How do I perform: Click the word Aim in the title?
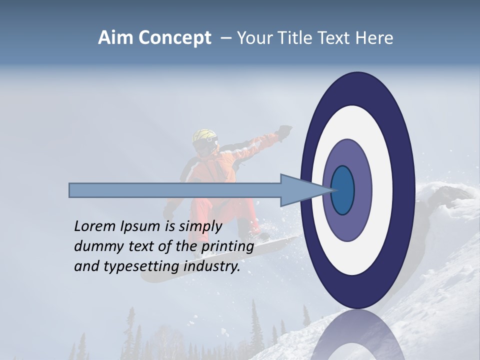coord(114,38)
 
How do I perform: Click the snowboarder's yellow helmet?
coord(205,136)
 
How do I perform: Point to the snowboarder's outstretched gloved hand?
coord(285,131)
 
